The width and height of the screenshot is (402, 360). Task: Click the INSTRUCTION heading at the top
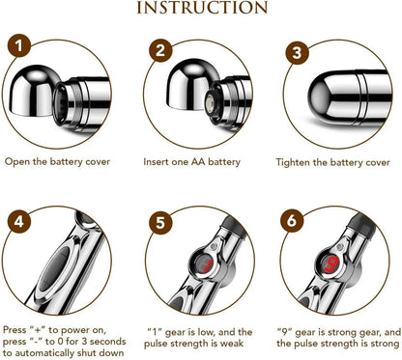click(x=201, y=8)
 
